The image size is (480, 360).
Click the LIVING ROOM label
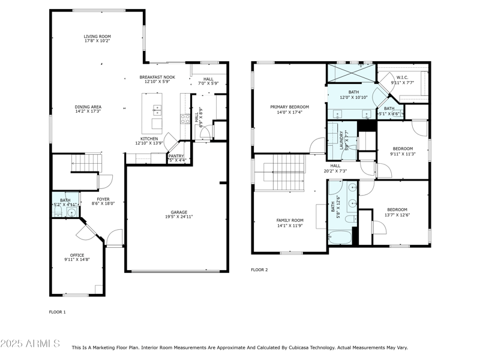tap(97, 37)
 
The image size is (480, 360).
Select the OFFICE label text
tap(77, 255)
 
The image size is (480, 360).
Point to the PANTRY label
tap(176, 156)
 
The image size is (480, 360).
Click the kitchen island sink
tap(157, 110)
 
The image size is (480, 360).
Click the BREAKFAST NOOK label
tap(157, 77)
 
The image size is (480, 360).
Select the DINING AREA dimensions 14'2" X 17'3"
tap(88, 112)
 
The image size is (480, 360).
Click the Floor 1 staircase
tap(79, 162)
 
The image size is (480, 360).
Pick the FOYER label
tap(103, 199)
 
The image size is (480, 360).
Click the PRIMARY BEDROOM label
tap(289, 106)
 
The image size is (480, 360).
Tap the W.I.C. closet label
tap(402, 77)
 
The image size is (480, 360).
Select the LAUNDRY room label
tap(341, 140)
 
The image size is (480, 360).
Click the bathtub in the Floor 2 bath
tap(341, 238)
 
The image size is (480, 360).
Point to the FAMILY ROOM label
tap(290, 220)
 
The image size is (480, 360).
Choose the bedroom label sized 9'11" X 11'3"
tap(403, 148)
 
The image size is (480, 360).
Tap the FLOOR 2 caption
tap(259, 270)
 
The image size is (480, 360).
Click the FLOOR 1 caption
tap(57, 312)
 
